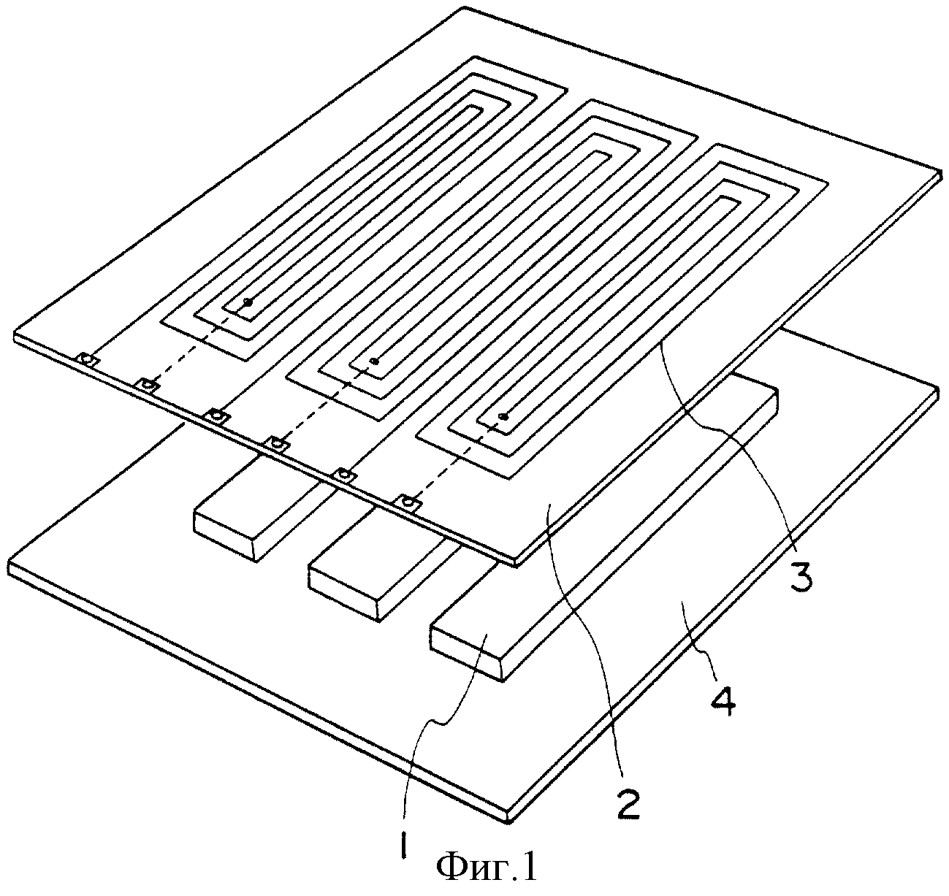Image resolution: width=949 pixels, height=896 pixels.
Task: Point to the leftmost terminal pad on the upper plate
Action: (87, 359)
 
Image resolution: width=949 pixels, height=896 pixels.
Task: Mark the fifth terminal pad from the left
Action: (344, 475)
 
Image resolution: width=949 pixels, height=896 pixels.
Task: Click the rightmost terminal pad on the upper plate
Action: (408, 502)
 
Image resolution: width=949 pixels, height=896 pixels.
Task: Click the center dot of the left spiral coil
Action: (248, 302)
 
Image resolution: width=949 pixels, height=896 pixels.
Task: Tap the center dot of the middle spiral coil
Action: (376, 361)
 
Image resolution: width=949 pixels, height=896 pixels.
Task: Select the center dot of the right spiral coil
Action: (502, 417)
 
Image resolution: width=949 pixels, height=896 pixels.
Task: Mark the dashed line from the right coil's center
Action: (456, 459)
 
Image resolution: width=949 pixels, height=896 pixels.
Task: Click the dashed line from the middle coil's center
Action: (327, 402)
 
